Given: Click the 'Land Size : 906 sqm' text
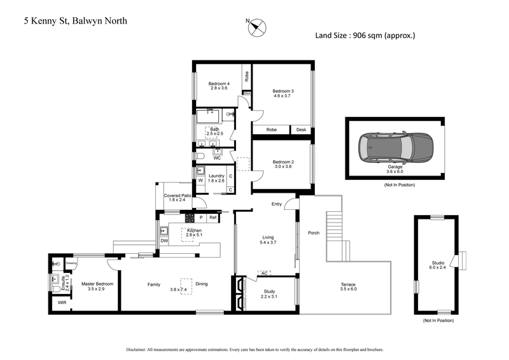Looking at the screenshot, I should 365,36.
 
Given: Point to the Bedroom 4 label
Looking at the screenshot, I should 218,83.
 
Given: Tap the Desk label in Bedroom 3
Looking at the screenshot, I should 301,130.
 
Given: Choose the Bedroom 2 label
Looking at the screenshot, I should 283,162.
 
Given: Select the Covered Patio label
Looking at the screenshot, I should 178,195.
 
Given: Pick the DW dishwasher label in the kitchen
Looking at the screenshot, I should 164,241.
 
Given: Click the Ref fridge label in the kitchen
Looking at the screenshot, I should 213,218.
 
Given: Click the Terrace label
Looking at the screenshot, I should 348,284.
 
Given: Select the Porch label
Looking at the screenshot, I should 313,232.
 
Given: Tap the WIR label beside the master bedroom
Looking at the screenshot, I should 62,303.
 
